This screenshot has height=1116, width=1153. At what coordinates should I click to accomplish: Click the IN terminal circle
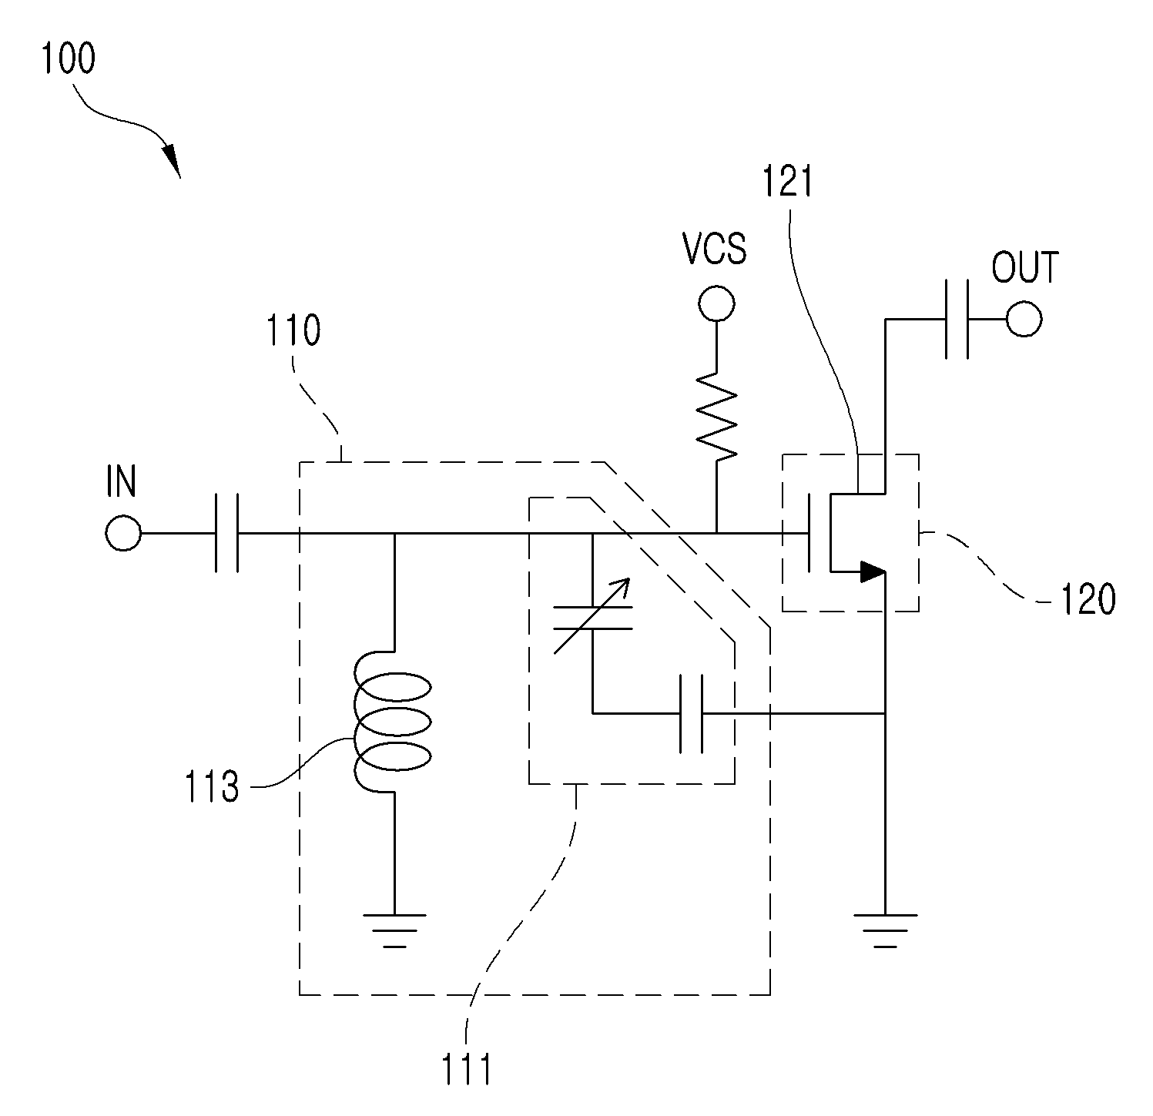tap(122, 533)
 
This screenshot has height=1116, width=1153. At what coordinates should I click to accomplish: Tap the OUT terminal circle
tap(1024, 319)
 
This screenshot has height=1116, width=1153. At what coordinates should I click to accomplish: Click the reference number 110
tap(293, 332)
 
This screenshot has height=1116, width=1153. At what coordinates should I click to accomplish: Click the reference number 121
tap(787, 183)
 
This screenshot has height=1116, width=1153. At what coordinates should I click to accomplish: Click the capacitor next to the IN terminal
tap(226, 533)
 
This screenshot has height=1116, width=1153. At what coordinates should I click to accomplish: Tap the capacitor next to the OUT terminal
tap(957, 319)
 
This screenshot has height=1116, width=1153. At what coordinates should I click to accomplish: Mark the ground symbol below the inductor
tap(394, 930)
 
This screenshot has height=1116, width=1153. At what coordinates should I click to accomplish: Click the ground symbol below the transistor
tap(886, 930)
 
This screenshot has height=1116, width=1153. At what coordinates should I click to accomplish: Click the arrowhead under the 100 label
tap(171, 160)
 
